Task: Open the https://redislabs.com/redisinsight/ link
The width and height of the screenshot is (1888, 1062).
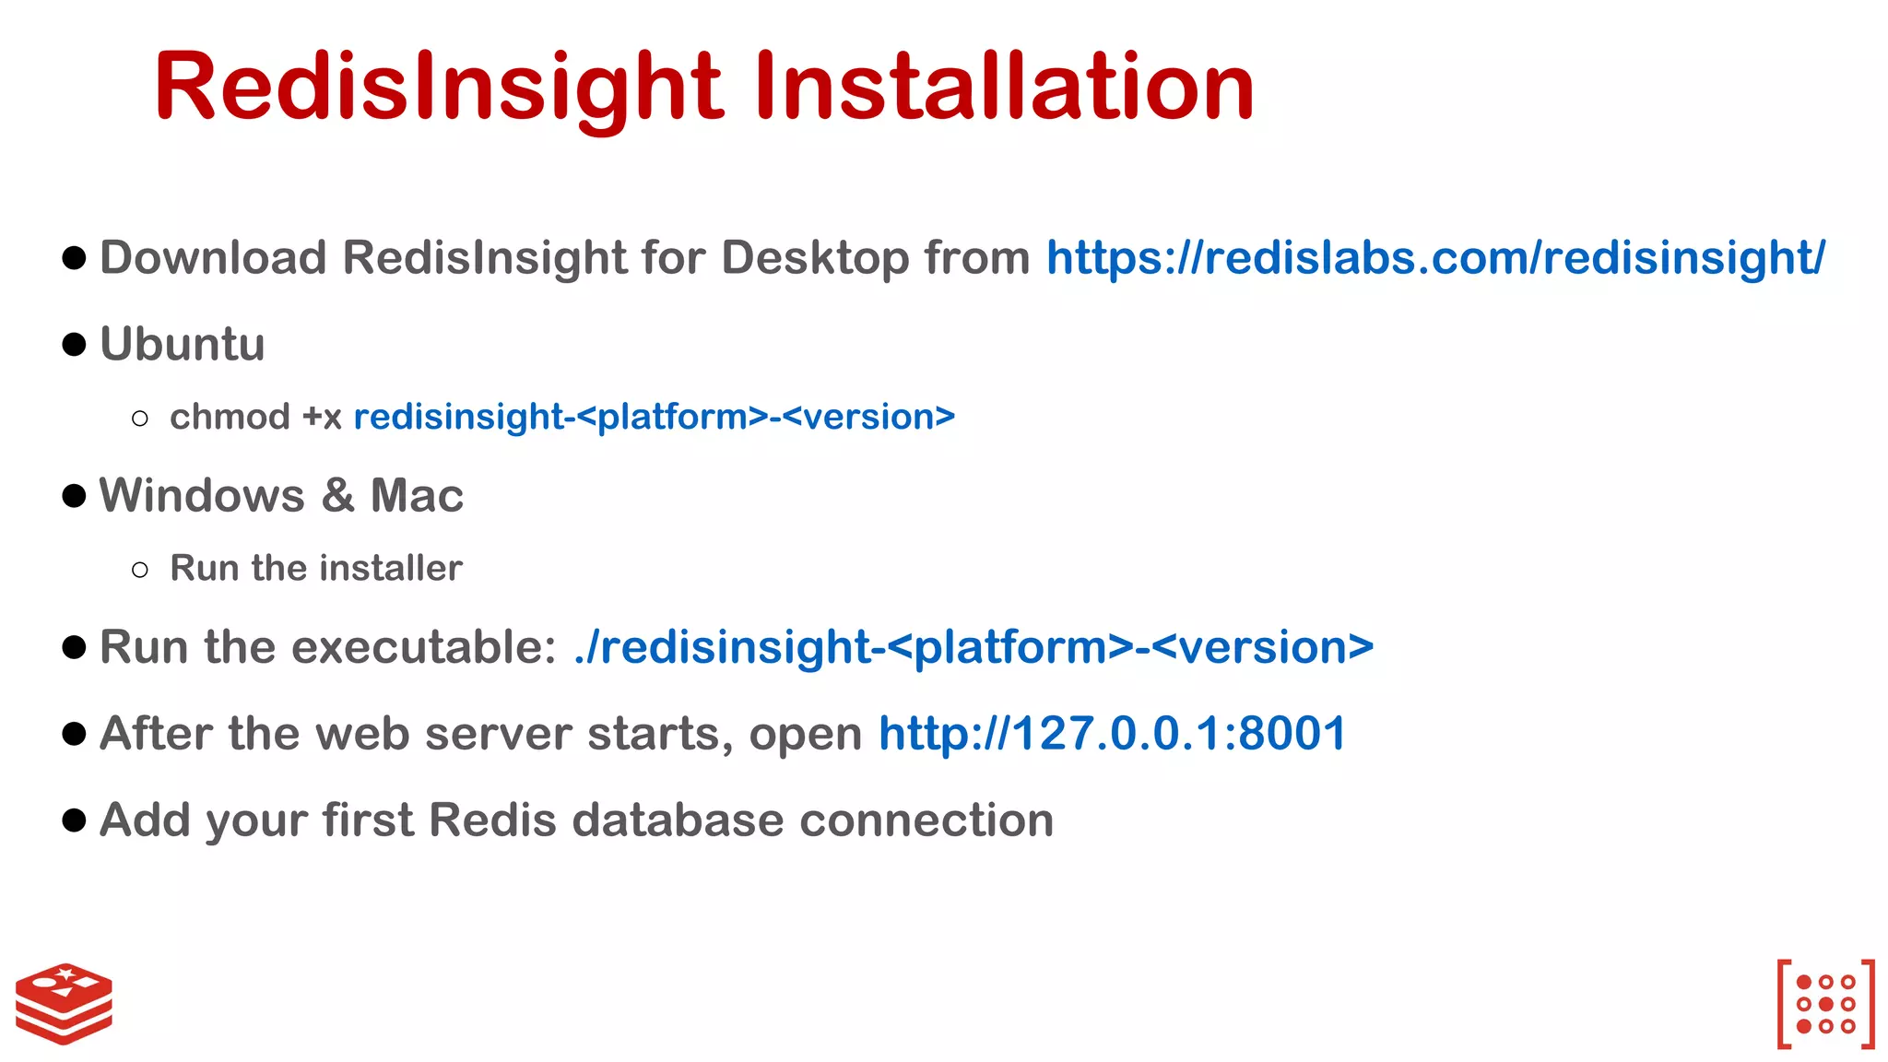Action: coord(1434,258)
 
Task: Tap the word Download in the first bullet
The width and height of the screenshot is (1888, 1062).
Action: coord(213,258)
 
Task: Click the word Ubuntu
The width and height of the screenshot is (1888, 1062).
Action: coord(183,345)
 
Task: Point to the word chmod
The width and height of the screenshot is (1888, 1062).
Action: coord(230,418)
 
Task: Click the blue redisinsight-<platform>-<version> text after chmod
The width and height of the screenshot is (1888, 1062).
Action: coord(655,418)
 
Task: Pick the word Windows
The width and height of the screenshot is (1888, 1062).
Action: coord(202,496)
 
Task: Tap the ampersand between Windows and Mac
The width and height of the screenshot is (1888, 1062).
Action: coord(338,496)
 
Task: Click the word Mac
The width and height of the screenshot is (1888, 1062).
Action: coord(417,496)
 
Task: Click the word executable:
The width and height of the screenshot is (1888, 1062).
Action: coord(423,647)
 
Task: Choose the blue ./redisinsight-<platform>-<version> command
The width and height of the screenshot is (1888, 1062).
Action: coord(973,647)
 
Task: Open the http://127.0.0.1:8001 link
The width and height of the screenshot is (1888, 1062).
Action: coord(1112,734)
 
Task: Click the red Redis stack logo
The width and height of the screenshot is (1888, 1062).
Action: coord(65,1004)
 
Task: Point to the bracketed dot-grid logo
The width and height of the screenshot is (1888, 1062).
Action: coord(1825,1004)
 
